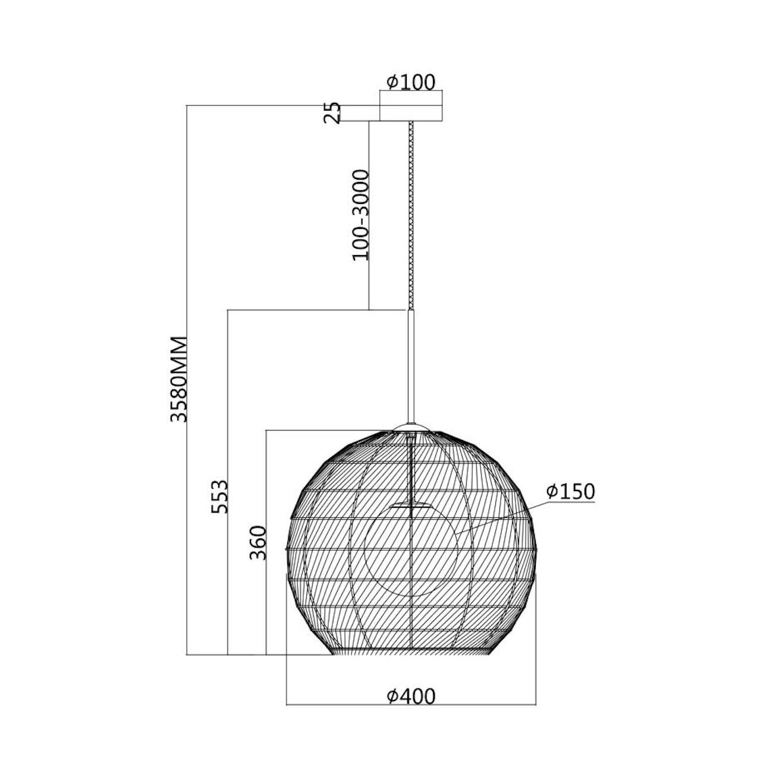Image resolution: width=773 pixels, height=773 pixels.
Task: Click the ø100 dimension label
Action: [x=410, y=82]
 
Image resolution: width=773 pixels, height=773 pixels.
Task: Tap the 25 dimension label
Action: [x=332, y=112]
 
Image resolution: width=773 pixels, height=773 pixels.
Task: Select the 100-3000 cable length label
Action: [x=360, y=215]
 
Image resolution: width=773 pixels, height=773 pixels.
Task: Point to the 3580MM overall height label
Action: [x=178, y=379]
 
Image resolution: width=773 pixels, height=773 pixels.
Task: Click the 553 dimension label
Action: [x=219, y=497]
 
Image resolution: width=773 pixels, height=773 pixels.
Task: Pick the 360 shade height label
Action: [x=258, y=543]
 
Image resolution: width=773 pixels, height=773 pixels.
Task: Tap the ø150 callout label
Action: [x=570, y=491]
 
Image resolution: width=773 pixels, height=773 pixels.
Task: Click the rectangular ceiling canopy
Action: [x=411, y=113]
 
